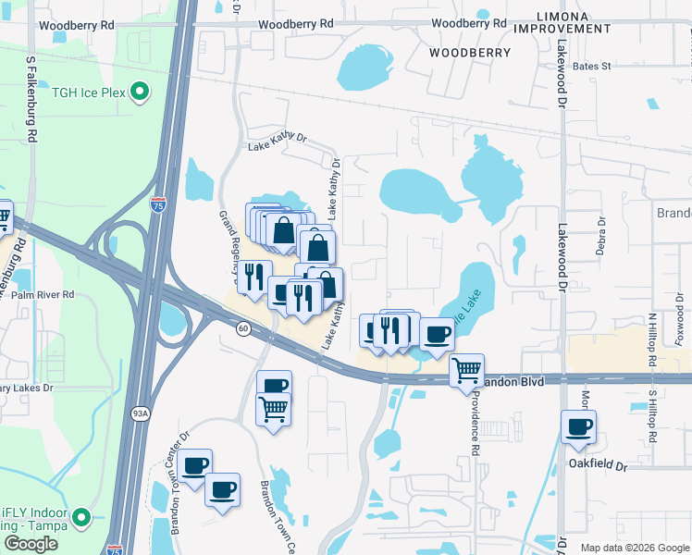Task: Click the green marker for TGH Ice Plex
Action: click(140, 91)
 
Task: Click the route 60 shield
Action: click(242, 328)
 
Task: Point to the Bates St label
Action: click(592, 67)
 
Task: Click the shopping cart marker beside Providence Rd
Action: click(467, 371)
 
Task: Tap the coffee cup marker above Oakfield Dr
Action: click(579, 426)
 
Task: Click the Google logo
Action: click(31, 544)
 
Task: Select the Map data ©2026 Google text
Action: click(634, 548)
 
